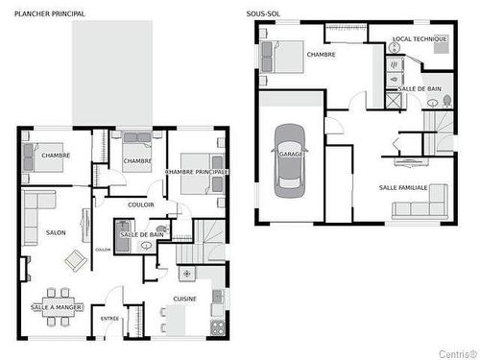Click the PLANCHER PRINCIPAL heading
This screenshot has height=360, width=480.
[49, 14]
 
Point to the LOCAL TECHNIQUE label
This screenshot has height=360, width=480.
[420, 39]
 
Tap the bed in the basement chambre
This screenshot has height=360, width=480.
[287, 58]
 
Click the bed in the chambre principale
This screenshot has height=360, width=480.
[198, 169]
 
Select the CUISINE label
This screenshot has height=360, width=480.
[186, 300]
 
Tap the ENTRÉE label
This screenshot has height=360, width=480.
[110, 318]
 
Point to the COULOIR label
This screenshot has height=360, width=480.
[141, 204]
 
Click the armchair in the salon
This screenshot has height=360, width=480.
[76, 259]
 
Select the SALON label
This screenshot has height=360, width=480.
[56, 233]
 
